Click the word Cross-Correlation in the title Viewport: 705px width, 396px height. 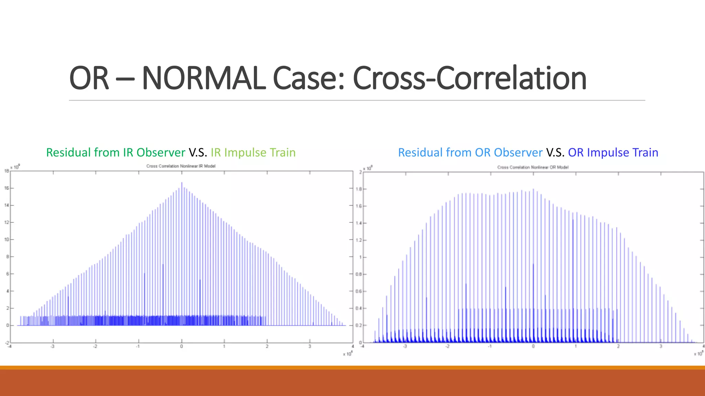pyautogui.click(x=470, y=78)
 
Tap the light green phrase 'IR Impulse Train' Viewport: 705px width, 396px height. pyautogui.click(x=253, y=152)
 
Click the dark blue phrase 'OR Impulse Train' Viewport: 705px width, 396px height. pyautogui.click(x=613, y=152)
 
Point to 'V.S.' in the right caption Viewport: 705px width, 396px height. pyautogui.click(x=555, y=152)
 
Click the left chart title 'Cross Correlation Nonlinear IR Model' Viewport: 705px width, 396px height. pyautogui.click(x=181, y=166)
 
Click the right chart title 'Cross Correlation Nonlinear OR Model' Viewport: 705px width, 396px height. pyautogui.click(x=533, y=167)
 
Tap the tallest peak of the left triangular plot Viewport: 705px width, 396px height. pyautogui.click(x=182, y=183)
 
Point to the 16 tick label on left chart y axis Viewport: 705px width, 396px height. pyautogui.click(x=7, y=188)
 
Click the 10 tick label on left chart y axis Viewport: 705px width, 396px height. pyautogui.click(x=7, y=240)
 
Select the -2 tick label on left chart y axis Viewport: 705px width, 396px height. pyautogui.click(x=7, y=343)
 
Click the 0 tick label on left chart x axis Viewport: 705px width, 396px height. pyautogui.click(x=181, y=346)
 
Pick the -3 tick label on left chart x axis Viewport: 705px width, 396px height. pyautogui.click(x=52, y=346)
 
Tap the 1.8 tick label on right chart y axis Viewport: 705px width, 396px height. pyautogui.click(x=359, y=189)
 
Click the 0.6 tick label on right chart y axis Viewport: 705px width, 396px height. pyautogui.click(x=359, y=291)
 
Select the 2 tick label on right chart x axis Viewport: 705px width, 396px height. pyautogui.click(x=618, y=346)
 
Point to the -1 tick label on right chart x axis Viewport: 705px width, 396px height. pyautogui.click(x=490, y=346)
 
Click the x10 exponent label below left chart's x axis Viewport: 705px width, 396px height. pyautogui.click(x=347, y=354)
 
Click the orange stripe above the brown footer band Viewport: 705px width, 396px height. pyautogui.click(x=352, y=367)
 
